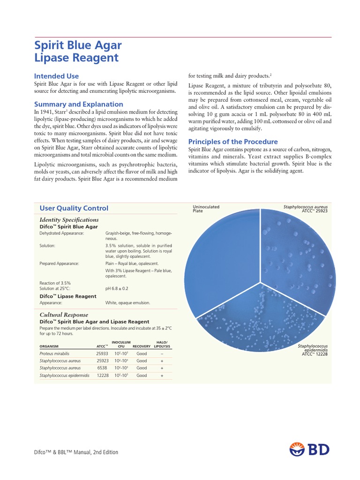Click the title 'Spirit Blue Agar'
tap(78, 45)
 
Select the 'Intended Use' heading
tap(57, 76)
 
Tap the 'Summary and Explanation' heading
tap(79, 104)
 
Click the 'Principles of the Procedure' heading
tap(233, 142)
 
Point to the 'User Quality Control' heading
tap(74, 208)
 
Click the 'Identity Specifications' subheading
tap(69, 219)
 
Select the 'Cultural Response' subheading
tap(64, 315)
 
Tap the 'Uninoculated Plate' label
tap(206, 209)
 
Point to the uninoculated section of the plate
tap(220, 262)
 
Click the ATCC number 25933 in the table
tap(102, 353)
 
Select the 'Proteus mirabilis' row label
tap(54, 353)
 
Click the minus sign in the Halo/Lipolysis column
tap(162, 353)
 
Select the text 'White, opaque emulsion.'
tap(127, 303)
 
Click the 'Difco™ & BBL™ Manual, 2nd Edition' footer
tap(76, 452)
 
